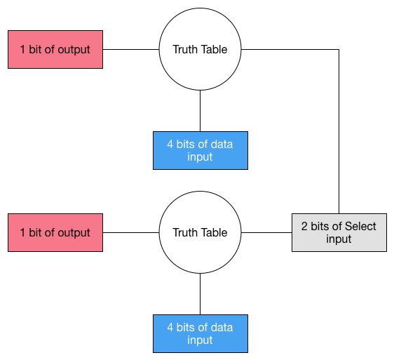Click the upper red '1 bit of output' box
click(55, 49)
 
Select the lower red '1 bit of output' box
click(55, 232)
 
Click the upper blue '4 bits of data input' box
click(201, 150)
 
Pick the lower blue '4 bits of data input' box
click(201, 333)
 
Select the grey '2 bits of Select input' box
click(339, 232)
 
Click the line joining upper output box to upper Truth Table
click(131, 49)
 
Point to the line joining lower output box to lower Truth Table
click(131, 232)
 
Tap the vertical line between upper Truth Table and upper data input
click(200, 111)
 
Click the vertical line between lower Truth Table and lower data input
click(200, 294)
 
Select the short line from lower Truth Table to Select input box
click(266, 232)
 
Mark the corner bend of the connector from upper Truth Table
click(339, 49)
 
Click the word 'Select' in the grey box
click(360, 226)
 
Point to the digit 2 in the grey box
click(304, 227)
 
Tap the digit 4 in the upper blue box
click(170, 145)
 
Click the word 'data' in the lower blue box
click(222, 328)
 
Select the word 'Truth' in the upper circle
click(184, 49)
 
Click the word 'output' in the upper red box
click(74, 50)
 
